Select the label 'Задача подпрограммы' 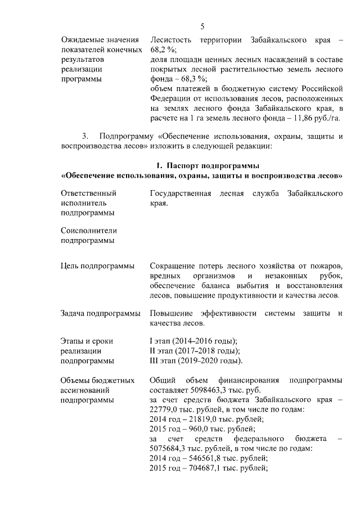[x=100, y=313]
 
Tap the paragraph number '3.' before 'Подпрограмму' [x=85, y=136]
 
